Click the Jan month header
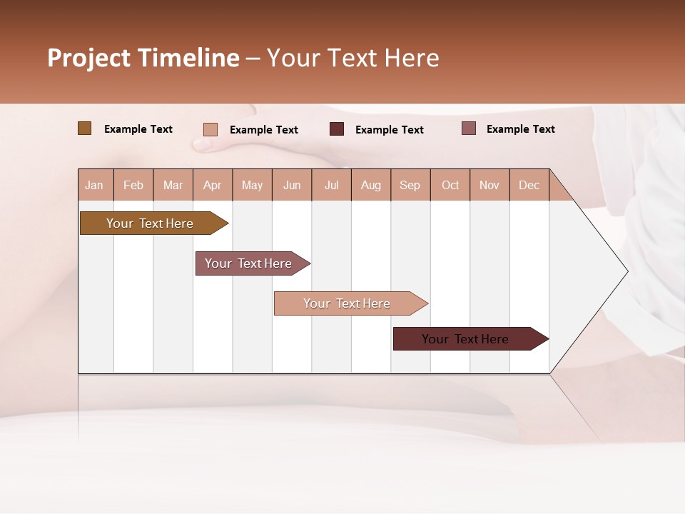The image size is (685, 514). pos(94,185)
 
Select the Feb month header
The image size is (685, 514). pos(133,185)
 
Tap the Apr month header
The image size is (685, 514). pos(212,185)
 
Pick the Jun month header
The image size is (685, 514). pos(292,185)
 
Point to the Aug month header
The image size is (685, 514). pos(370,185)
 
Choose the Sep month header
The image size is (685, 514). pos(410,185)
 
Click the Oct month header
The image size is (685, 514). pos(450,185)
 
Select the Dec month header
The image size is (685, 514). pos(529,185)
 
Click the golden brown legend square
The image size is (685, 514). pos(84,128)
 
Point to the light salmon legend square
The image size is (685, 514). pos(210,129)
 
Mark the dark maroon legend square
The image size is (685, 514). pos(337,129)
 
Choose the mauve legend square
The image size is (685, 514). pos(468,128)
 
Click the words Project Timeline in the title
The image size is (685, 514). pos(143,58)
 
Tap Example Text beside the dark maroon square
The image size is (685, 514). pos(389,130)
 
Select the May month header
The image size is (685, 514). pos(252,185)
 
